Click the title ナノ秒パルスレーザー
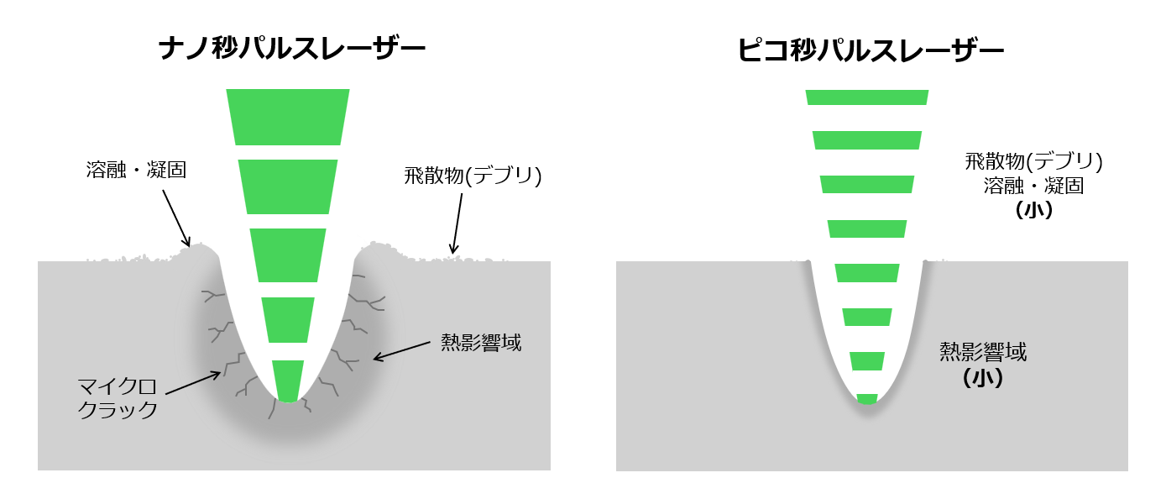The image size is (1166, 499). point(291,50)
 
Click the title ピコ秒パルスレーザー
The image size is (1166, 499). point(871,50)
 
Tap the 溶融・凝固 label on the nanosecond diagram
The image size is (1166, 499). point(136,170)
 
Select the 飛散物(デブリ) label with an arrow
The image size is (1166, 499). point(473,176)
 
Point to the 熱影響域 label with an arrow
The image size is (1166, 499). point(482,343)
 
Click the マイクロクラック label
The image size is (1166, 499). point(118,399)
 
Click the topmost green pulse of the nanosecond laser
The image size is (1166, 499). point(288,116)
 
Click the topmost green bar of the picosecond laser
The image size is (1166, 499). point(867,97)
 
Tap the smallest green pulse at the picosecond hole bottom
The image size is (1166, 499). point(867,399)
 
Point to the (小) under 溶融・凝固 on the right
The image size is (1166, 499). point(1033,210)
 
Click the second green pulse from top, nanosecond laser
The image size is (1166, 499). point(288,186)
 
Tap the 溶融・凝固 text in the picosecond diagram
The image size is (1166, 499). point(1033,186)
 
